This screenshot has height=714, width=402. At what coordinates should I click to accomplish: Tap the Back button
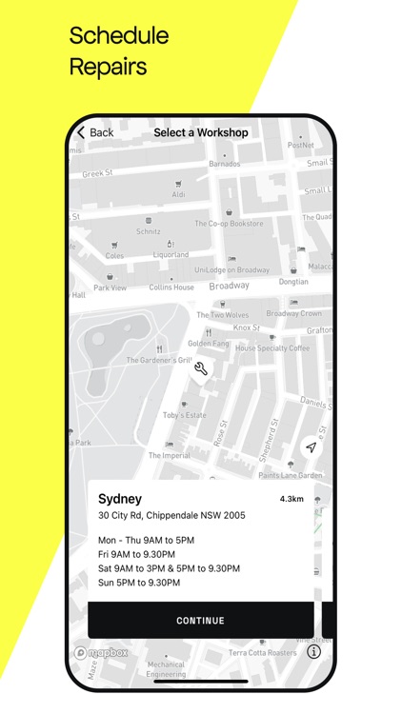pyautogui.click(x=95, y=132)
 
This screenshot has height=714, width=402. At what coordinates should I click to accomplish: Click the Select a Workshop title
pyautogui.click(x=201, y=132)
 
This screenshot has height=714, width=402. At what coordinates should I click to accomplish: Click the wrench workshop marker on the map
pyautogui.click(x=200, y=369)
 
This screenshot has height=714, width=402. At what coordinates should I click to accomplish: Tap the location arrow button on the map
pyautogui.click(x=311, y=447)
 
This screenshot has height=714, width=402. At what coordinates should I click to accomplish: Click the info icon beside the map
pyautogui.click(x=313, y=652)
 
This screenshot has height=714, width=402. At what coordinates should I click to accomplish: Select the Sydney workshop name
pyautogui.click(x=120, y=499)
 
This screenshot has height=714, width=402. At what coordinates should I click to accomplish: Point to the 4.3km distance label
pyautogui.click(x=291, y=499)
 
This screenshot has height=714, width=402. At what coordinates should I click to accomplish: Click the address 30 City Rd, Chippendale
pyautogui.click(x=171, y=516)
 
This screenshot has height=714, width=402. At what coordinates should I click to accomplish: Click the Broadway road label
pyautogui.click(x=229, y=286)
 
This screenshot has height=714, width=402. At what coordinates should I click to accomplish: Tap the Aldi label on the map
pyautogui.click(x=178, y=194)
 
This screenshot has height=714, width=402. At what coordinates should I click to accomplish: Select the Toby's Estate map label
pyautogui.click(x=184, y=416)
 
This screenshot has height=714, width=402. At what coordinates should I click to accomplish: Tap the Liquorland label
pyautogui.click(x=171, y=255)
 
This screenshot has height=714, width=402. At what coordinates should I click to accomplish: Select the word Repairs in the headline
pyautogui.click(x=109, y=67)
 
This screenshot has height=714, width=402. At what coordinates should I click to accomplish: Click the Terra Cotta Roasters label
pyautogui.click(x=264, y=652)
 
